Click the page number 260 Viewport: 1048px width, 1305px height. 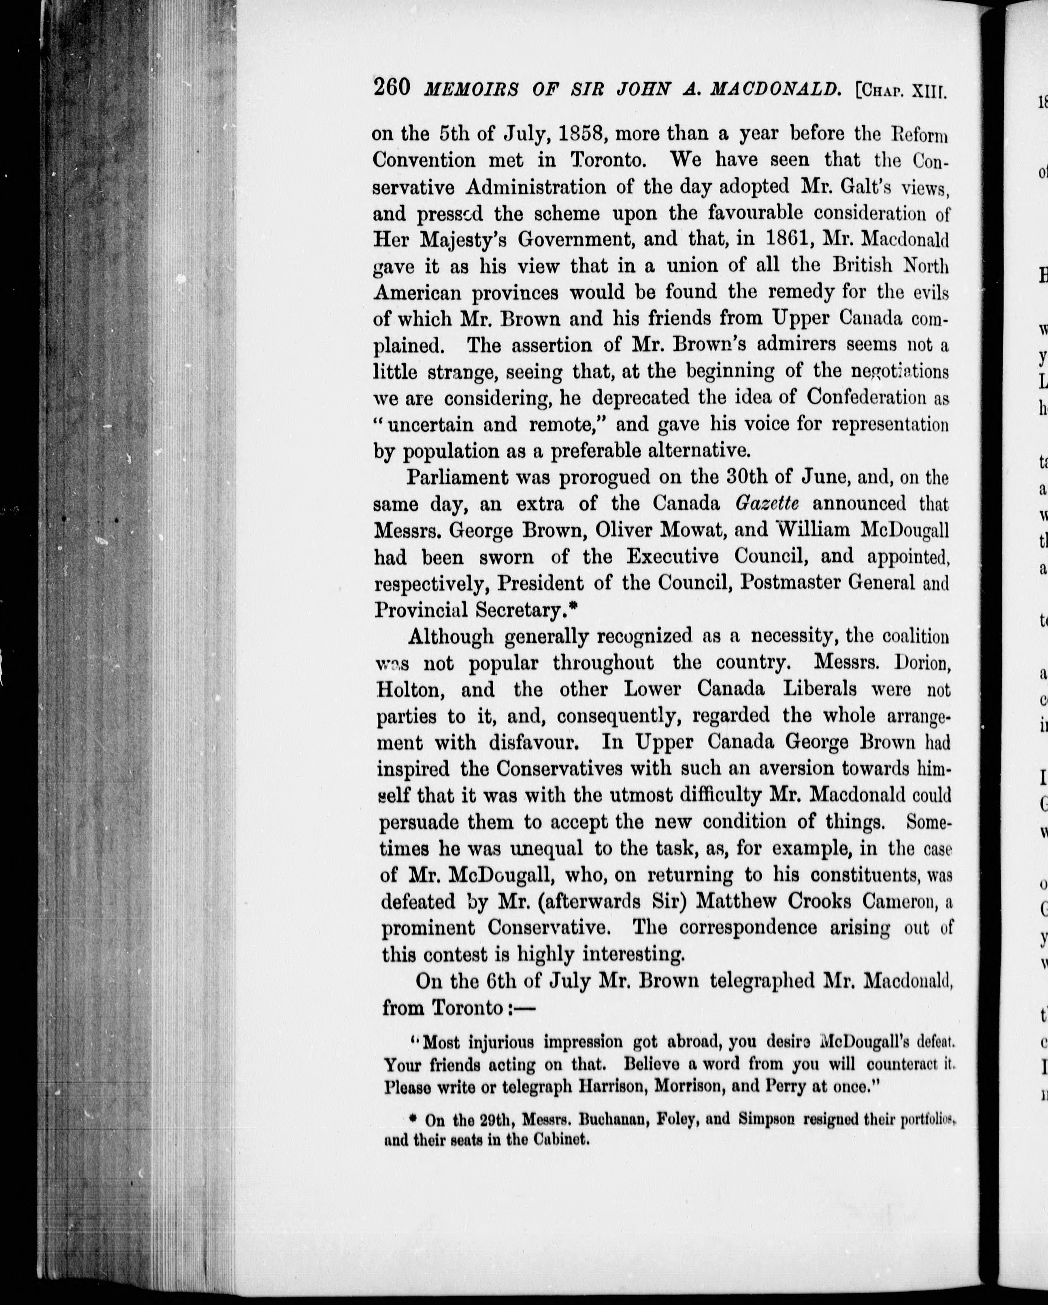(393, 88)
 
